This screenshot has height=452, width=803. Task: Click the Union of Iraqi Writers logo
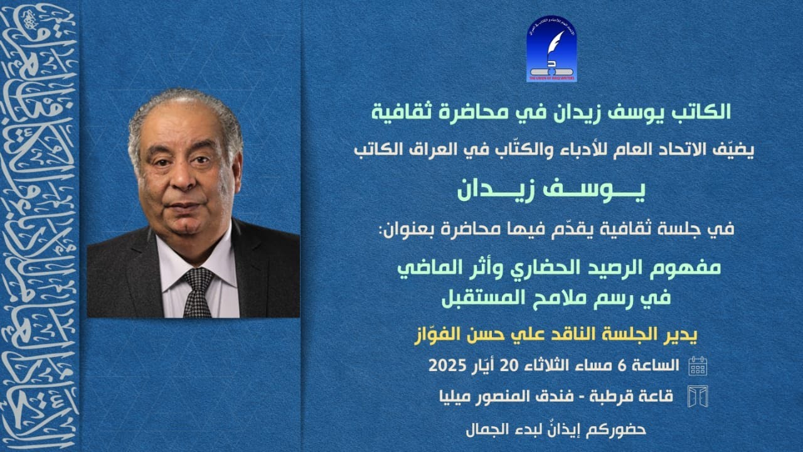[x=551, y=50]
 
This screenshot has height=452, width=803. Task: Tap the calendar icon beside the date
[x=698, y=365]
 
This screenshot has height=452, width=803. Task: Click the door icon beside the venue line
[x=698, y=397]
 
